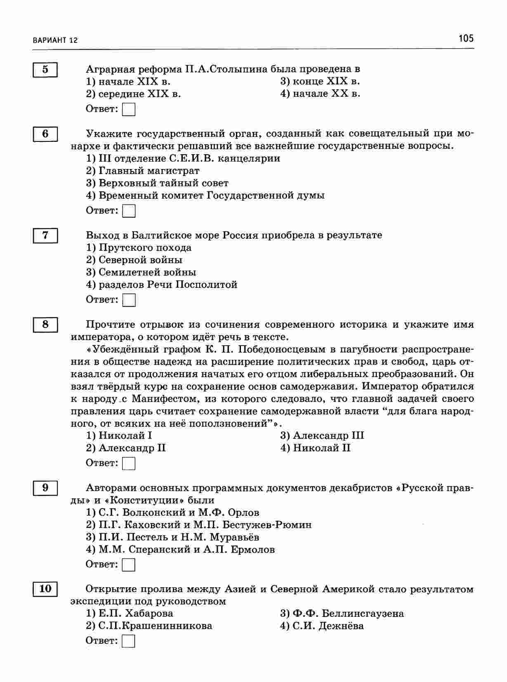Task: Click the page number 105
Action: (466, 39)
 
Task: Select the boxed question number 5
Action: (45, 69)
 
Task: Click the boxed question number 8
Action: (45, 325)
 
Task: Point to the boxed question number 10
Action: (45, 588)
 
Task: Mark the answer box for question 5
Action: (129, 110)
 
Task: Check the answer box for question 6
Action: (129, 211)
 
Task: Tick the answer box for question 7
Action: (129, 300)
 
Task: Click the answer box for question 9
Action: (129, 564)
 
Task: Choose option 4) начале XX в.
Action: (320, 94)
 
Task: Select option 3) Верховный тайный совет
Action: (157, 183)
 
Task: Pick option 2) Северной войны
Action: (134, 260)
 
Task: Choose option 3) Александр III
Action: (322, 436)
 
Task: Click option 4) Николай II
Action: (316, 448)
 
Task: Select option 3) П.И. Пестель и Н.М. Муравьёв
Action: (172, 537)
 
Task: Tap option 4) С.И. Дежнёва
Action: (322, 626)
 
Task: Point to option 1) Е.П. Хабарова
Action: (130, 614)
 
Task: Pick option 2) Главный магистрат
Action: (142, 171)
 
